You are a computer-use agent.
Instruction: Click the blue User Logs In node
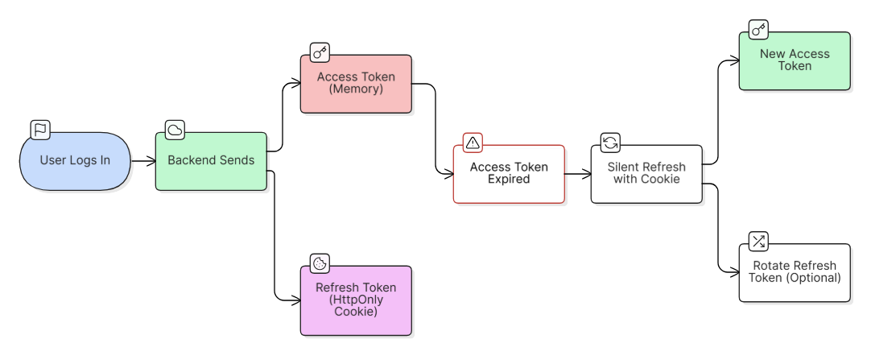click(x=74, y=161)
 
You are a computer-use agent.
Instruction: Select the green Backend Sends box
click(x=211, y=161)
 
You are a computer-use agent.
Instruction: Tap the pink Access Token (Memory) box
click(x=356, y=84)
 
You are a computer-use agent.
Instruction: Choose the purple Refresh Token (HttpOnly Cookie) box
click(x=356, y=300)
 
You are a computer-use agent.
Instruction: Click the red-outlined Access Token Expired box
click(x=509, y=174)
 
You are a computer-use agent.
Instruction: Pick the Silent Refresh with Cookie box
click(x=646, y=174)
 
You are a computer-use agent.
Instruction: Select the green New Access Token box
click(x=795, y=61)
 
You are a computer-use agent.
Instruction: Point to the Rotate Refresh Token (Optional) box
click(x=795, y=273)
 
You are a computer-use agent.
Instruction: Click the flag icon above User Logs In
click(x=40, y=130)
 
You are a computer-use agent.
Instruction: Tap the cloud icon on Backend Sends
click(x=175, y=130)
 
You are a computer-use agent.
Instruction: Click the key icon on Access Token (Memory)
click(x=320, y=53)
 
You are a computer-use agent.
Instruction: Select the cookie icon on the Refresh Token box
click(x=320, y=263)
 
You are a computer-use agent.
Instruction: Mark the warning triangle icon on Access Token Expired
click(x=473, y=143)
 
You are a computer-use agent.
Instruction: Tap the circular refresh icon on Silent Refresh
click(x=610, y=143)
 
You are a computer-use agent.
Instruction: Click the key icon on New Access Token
click(x=758, y=31)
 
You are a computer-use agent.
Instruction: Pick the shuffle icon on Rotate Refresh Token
click(x=758, y=242)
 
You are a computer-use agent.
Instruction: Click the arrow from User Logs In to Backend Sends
click(x=143, y=161)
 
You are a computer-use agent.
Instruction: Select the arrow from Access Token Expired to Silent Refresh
click(x=577, y=174)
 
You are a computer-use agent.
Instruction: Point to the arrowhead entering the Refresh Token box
click(x=295, y=300)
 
